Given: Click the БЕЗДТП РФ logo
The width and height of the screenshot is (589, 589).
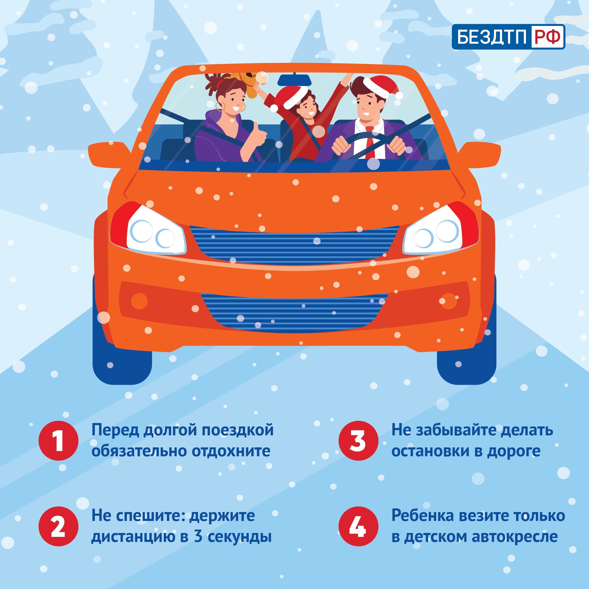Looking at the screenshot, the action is (508, 37).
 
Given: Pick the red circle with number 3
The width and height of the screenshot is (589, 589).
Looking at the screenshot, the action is (358, 441).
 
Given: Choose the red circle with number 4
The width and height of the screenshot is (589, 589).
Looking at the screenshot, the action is (358, 526).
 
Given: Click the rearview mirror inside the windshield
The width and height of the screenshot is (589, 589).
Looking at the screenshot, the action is (294, 80).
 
